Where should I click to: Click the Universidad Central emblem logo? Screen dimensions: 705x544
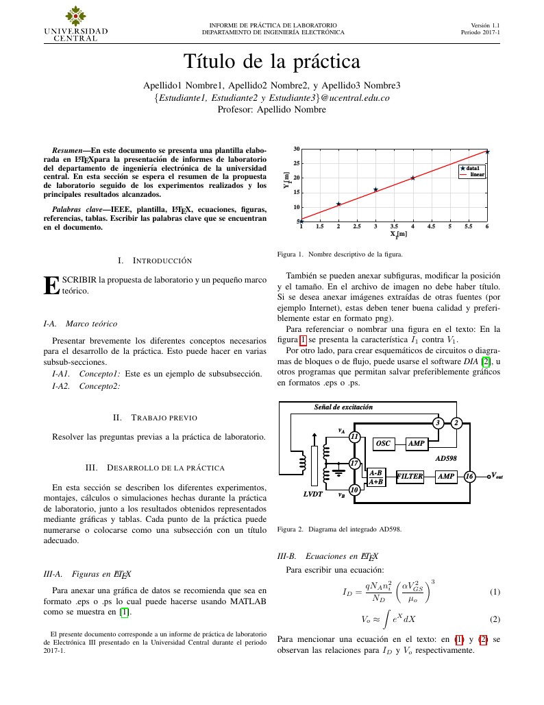[x=76, y=15]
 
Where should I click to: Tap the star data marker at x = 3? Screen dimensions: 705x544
[x=375, y=189]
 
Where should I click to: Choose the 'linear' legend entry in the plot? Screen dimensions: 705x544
[x=477, y=175]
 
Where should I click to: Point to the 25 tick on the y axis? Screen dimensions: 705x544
[x=296, y=163]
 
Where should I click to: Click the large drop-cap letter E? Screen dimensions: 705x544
[x=51, y=285]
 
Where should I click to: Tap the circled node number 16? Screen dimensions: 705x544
[x=469, y=476]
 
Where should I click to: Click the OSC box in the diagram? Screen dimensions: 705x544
[x=383, y=444]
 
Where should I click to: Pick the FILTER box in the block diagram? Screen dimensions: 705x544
[x=410, y=476]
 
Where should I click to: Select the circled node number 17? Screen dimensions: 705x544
[x=354, y=464]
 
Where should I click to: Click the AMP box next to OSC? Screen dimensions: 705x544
[x=417, y=444]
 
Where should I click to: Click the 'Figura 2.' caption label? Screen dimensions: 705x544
[x=290, y=529]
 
